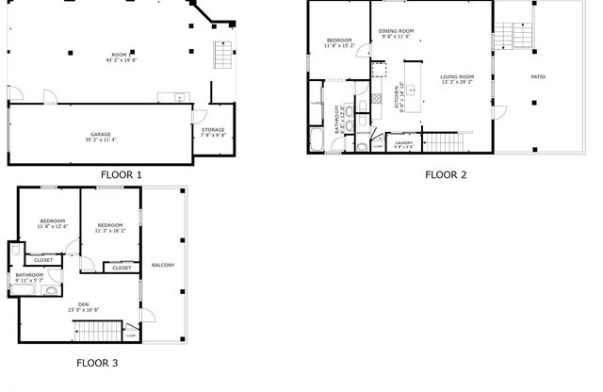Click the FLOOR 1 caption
(122, 174)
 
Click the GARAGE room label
(101, 136)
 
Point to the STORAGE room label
(213, 131)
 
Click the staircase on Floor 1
(221, 57)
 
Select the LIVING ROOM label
(457, 79)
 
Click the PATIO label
(538, 77)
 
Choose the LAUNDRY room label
(404, 143)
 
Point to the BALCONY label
(163, 265)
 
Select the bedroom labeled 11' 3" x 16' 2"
(110, 227)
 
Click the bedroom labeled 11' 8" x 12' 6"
(52, 223)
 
